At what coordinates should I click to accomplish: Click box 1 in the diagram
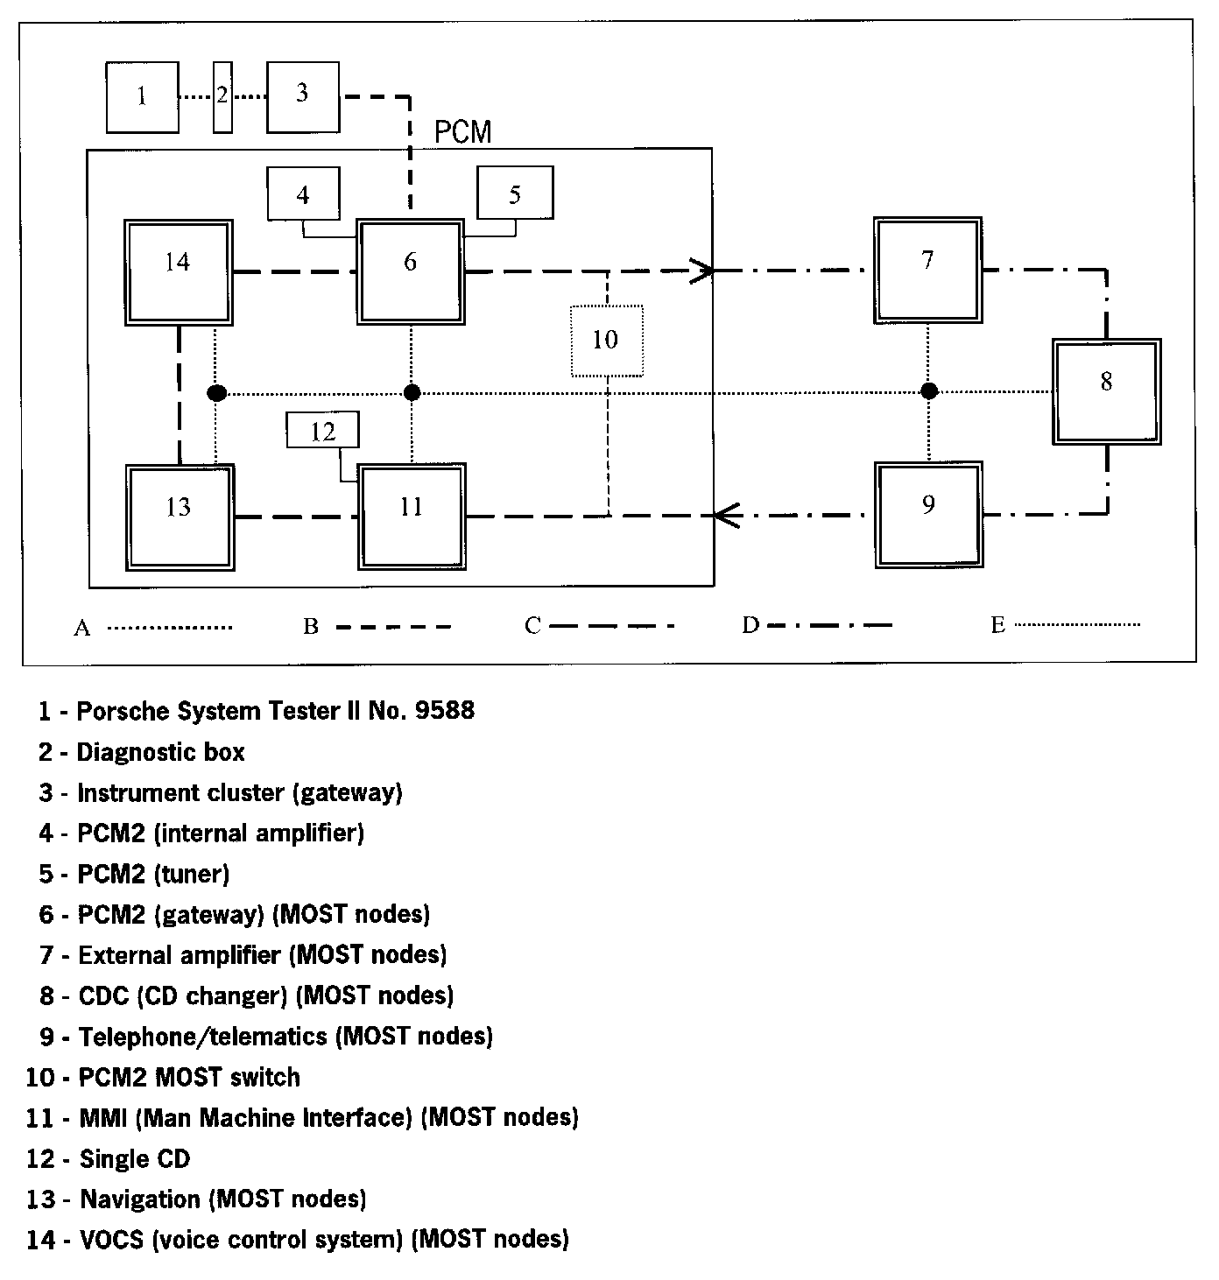(x=142, y=96)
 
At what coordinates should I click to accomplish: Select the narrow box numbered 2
(x=222, y=96)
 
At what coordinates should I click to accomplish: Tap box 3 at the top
(x=303, y=96)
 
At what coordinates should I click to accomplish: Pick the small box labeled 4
(x=303, y=194)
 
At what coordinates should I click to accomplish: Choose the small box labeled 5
(x=515, y=193)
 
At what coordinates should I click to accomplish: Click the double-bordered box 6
(x=410, y=272)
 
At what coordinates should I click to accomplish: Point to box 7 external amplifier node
(x=927, y=271)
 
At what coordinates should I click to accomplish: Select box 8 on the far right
(x=1107, y=392)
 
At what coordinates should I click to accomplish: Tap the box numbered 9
(x=928, y=515)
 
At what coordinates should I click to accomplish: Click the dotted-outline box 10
(x=606, y=341)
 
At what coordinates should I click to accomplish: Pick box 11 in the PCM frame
(x=412, y=517)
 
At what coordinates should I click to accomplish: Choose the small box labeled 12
(x=323, y=432)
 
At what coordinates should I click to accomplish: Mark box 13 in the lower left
(x=180, y=517)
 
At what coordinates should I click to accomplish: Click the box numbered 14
(x=178, y=272)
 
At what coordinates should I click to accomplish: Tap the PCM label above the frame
(x=463, y=132)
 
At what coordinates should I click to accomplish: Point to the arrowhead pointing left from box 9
(x=727, y=516)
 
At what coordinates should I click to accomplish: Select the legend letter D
(x=750, y=625)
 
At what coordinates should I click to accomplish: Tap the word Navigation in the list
(x=140, y=1199)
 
